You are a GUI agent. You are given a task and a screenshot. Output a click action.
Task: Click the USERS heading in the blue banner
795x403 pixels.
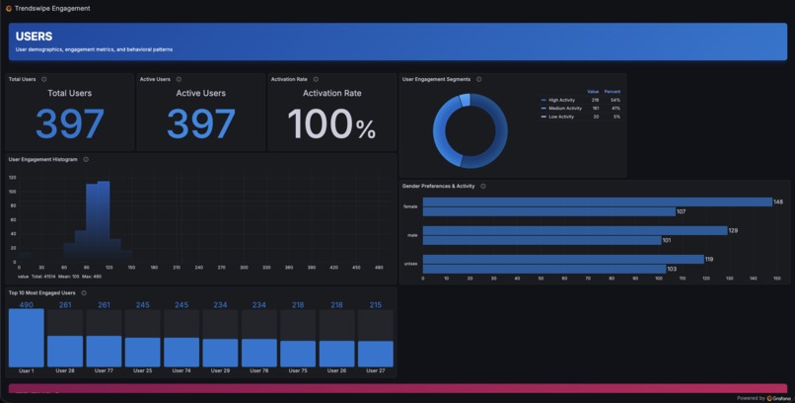[x=35, y=37]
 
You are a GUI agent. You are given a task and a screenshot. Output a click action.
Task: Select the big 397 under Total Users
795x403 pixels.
[x=70, y=124]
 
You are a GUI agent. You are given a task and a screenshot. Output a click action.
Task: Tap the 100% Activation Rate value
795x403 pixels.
[x=331, y=124]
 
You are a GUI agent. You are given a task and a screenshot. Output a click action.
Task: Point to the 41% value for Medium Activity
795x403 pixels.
[x=615, y=108]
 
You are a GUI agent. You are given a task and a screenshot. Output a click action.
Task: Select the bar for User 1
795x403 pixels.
[x=27, y=338]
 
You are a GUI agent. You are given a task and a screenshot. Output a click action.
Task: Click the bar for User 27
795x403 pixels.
[x=376, y=354]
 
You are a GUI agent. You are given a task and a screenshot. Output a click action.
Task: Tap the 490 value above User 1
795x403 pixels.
[x=27, y=305]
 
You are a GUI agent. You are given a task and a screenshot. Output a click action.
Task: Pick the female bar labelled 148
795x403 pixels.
[x=597, y=201]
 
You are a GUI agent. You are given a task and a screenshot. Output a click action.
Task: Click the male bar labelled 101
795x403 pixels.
[x=542, y=240]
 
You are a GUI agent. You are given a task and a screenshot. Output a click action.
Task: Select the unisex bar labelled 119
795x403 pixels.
[x=563, y=259]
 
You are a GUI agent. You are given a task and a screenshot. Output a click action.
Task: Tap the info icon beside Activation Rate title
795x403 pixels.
[x=316, y=79]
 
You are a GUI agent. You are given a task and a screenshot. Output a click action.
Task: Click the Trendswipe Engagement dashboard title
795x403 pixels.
[x=51, y=8]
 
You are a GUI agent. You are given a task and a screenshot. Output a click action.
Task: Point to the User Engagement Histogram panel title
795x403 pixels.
[x=42, y=159]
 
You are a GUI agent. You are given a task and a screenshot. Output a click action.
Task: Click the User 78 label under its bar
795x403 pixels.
[x=259, y=370]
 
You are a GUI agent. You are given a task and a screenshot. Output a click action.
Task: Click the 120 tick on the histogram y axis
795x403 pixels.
[x=13, y=178]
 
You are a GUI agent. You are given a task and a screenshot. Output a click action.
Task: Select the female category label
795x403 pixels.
[x=410, y=206]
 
